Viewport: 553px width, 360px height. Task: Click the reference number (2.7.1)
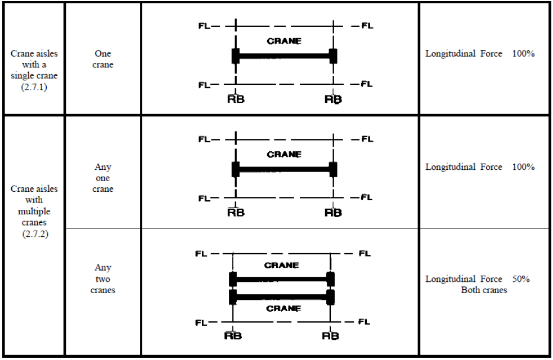34,87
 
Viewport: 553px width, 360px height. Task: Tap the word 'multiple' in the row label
34,211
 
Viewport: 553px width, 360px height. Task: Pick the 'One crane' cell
103,59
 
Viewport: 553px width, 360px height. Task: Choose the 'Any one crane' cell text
103,178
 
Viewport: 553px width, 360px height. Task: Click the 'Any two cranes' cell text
103,279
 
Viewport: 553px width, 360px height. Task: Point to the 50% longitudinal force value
521,279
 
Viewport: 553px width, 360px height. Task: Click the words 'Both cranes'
484,290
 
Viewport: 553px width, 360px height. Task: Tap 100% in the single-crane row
523,55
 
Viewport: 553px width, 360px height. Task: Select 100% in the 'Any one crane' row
523,167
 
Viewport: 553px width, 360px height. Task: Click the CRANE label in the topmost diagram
284,41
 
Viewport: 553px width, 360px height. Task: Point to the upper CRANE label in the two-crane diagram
282,265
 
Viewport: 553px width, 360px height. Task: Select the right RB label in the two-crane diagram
331,336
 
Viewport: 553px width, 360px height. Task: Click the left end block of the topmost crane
236,56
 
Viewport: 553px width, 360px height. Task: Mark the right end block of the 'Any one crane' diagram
333,169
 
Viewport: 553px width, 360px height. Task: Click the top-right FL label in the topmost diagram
367,26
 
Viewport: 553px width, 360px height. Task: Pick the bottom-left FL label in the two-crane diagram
201,322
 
